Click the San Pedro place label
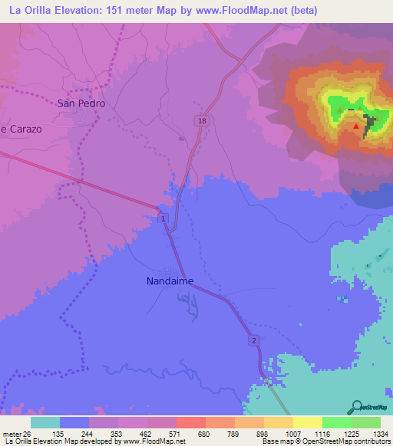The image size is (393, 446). coord(81,103)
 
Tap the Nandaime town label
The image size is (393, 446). coord(170,281)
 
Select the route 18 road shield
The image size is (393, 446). coord(201,121)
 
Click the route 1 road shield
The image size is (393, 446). coord(163,220)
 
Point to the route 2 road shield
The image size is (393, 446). coord(252,339)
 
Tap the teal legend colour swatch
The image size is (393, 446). coord(45,422)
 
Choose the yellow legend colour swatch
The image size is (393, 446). coord(307,422)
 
